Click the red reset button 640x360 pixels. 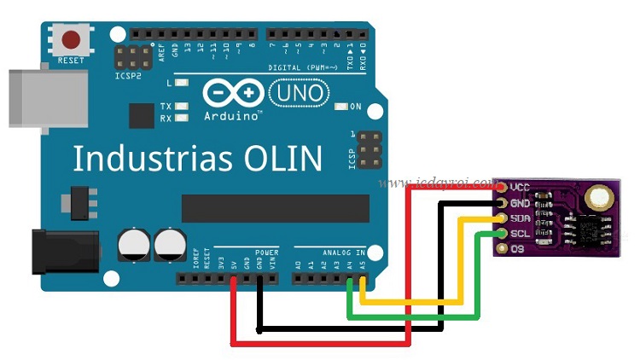point(72,40)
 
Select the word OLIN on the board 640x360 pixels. point(282,159)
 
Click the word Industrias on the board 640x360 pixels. point(148,159)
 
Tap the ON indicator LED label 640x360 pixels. point(356,107)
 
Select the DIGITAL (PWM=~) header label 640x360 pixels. point(303,67)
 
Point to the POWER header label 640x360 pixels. point(266,253)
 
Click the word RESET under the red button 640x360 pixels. point(71,61)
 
